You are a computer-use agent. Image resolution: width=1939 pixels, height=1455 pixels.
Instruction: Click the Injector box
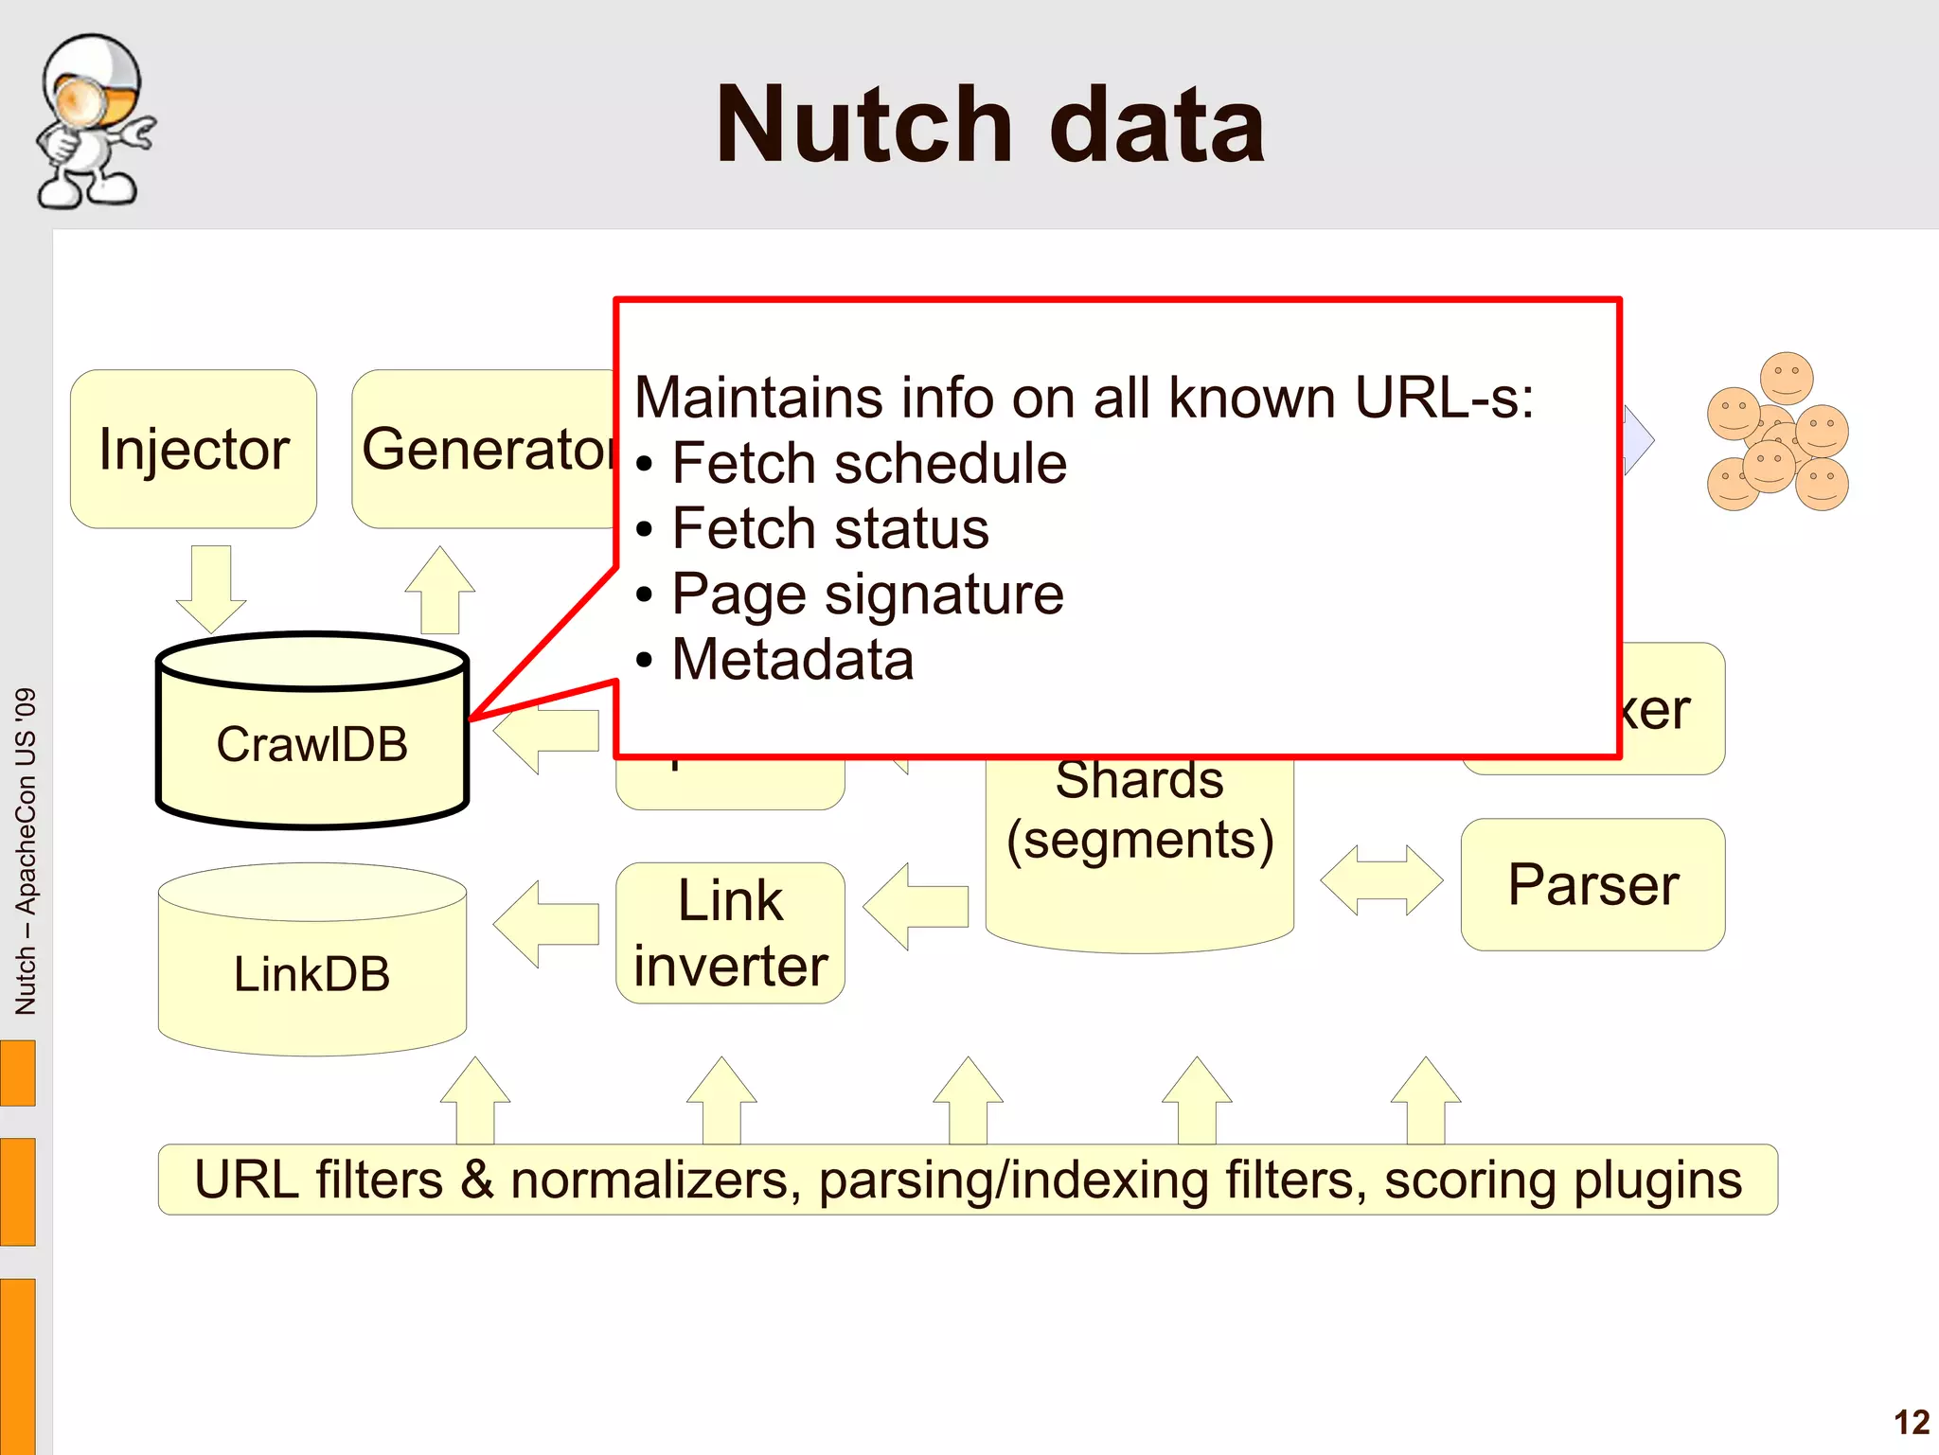point(193,449)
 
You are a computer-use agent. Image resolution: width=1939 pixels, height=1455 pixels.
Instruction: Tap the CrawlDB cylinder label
point(311,744)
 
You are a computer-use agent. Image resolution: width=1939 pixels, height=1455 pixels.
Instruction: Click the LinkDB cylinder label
point(311,974)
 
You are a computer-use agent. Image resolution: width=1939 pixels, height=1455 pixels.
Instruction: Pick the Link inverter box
point(730,932)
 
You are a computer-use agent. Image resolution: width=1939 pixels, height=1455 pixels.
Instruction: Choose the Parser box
point(1592,884)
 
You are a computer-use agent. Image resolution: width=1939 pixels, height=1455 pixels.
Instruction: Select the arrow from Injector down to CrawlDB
point(211,587)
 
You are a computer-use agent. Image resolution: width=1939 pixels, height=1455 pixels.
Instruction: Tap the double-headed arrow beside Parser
point(1381,880)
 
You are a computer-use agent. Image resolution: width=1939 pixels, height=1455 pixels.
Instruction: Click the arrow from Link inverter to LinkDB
point(546,924)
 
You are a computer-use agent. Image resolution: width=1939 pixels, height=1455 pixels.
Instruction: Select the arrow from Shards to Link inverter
point(916,906)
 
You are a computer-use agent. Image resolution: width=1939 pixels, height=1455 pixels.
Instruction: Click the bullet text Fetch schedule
point(868,464)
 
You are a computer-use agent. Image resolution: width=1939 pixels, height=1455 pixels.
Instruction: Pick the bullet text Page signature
point(866,594)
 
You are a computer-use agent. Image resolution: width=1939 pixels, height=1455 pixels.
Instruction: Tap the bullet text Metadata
point(792,660)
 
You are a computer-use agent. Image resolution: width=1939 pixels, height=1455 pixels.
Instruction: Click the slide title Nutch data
point(989,125)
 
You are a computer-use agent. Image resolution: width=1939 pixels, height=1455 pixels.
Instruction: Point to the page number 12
point(1911,1422)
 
